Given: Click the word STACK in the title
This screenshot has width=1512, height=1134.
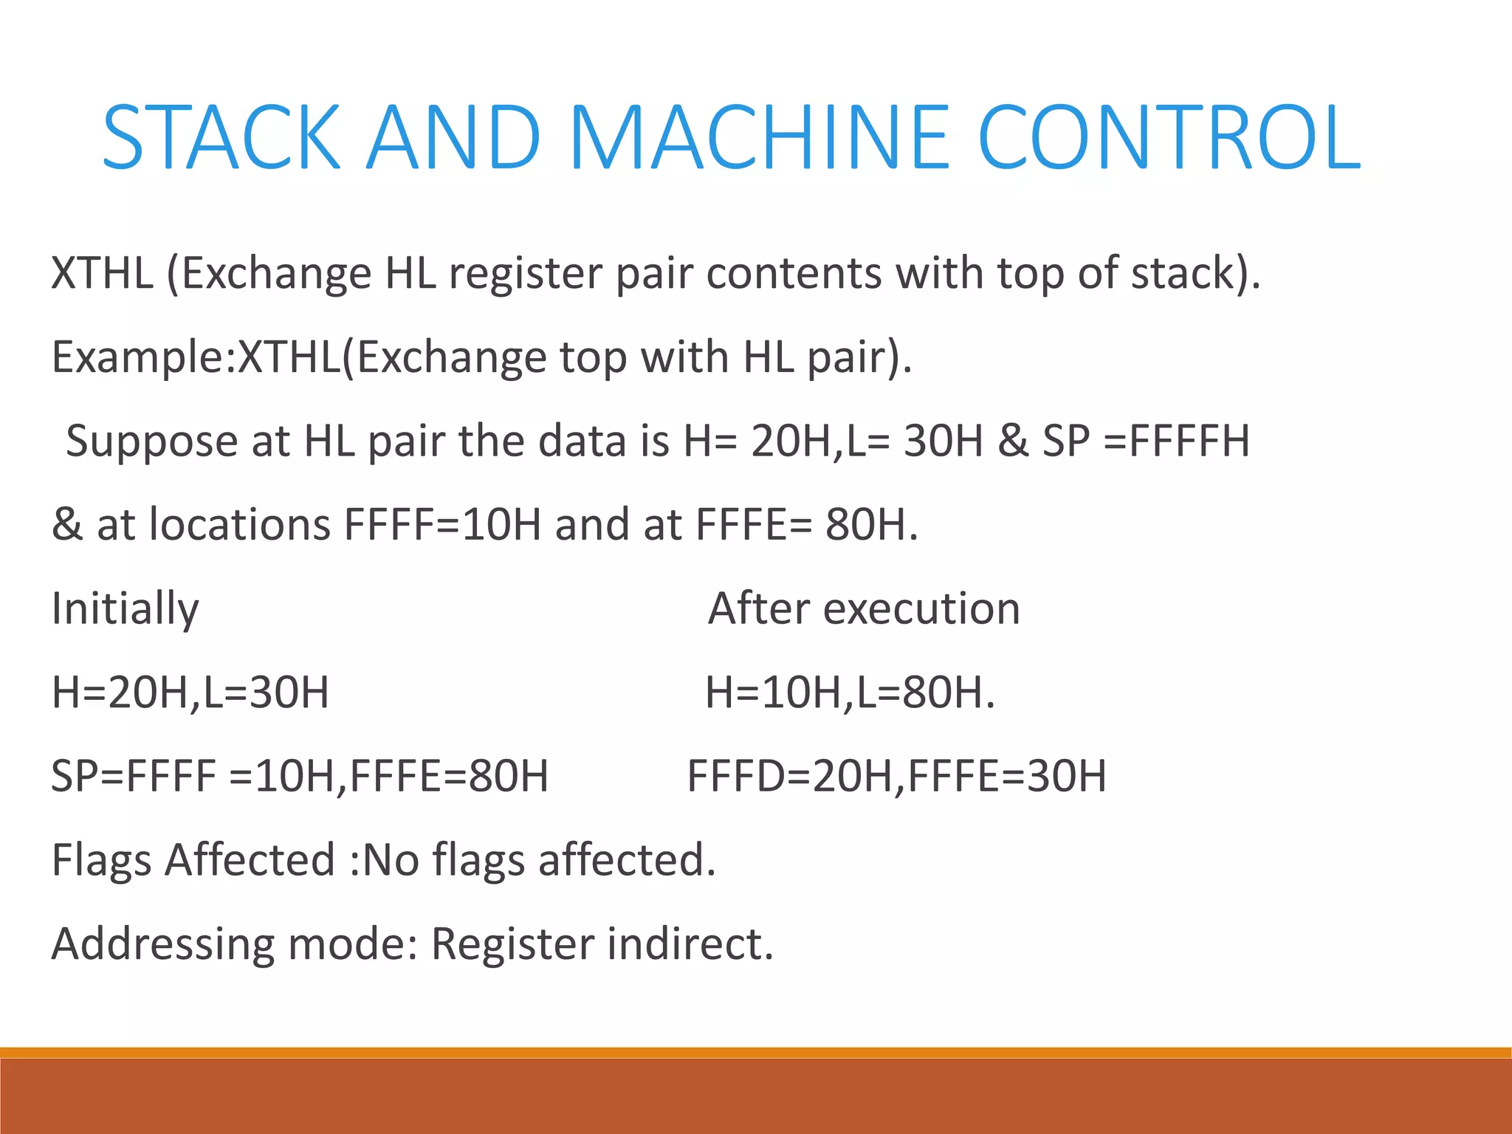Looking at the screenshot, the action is (221, 137).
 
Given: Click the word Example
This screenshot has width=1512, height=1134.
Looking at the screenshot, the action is (137, 357).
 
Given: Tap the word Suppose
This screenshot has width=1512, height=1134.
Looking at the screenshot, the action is (151, 441).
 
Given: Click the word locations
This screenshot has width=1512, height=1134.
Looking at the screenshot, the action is (239, 525).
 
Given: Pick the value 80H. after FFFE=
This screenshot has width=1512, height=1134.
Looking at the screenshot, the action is (872, 525).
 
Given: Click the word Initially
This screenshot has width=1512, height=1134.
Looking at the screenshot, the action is (126, 610).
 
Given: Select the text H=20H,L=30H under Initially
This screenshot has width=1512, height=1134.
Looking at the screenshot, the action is (190, 693).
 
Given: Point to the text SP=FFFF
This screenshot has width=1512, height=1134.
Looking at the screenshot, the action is (134, 777).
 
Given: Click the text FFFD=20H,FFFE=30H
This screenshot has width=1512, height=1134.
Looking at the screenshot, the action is (897, 777).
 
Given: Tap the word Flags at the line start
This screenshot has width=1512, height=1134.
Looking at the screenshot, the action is (101, 861).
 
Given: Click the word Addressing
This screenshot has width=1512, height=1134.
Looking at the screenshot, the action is (162, 944).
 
